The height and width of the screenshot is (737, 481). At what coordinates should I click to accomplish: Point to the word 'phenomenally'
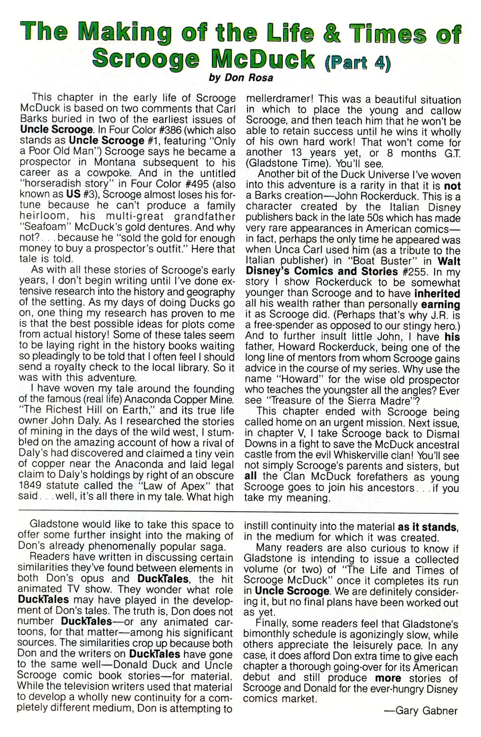pos(134,547)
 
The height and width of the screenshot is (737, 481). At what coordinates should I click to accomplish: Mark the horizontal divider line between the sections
pos(239,513)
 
